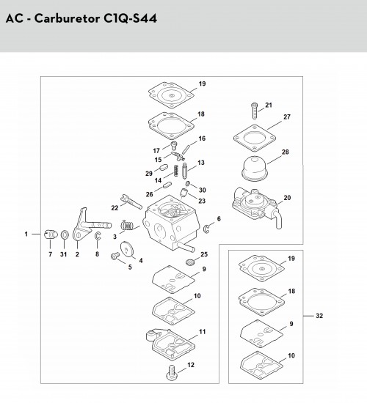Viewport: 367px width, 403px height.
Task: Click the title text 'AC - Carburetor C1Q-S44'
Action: [x=81, y=18]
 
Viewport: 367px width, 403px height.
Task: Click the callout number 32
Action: [x=319, y=316]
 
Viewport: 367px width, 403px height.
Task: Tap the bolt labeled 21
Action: [x=254, y=111]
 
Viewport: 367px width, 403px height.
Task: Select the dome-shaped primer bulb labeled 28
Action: [x=254, y=169]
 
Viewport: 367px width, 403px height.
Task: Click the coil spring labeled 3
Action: [x=127, y=225]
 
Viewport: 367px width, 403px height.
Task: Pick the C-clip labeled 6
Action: [x=206, y=229]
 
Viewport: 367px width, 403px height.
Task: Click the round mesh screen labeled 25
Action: [x=190, y=262]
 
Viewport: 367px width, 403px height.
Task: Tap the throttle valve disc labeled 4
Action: [x=127, y=249]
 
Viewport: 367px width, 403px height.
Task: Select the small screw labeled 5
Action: [x=115, y=256]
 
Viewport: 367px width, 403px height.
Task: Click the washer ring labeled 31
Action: [x=65, y=234]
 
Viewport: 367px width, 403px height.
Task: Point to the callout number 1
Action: [x=26, y=234]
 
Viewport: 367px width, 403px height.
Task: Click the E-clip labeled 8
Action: [x=98, y=236]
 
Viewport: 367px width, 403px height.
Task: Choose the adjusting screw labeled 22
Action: [x=131, y=202]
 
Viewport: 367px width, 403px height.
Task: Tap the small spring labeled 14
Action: [x=176, y=171]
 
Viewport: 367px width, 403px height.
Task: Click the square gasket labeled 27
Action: [x=255, y=138]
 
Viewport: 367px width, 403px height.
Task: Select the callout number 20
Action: [x=287, y=198]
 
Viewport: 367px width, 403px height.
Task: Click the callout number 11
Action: [x=203, y=332]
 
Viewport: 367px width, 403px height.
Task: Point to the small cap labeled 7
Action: [x=51, y=234]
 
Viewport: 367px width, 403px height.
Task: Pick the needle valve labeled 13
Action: [x=184, y=171]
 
